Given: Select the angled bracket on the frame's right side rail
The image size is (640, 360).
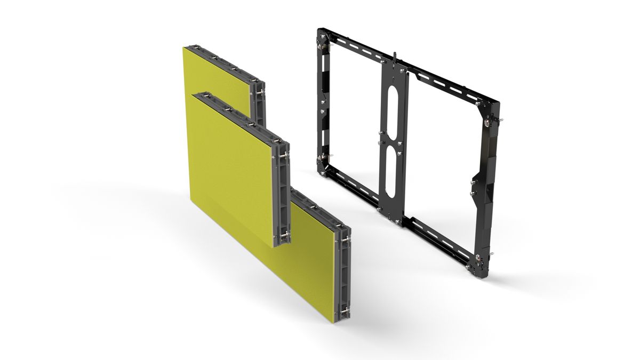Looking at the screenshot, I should coord(478,184).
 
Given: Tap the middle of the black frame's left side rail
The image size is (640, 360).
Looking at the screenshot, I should coord(322,101).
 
